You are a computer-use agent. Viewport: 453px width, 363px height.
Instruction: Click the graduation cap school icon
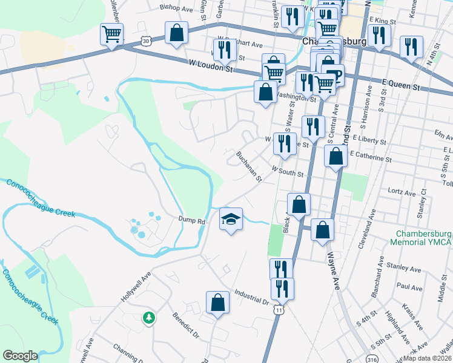[231, 219]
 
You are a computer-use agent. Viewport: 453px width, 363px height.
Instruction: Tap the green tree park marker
[148, 317]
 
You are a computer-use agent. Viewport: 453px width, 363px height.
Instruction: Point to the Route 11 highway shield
[278, 310]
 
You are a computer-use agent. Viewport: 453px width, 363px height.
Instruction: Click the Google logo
[20, 356]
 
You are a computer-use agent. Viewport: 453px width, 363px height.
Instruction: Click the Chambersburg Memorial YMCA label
[424, 238]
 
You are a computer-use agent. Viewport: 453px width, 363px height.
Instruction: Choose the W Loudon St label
[211, 66]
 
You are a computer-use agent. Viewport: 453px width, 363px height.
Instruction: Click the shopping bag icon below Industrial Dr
[217, 304]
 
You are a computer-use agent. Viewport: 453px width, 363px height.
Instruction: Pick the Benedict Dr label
[185, 324]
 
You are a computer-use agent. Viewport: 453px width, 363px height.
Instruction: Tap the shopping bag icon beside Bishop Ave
[176, 34]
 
